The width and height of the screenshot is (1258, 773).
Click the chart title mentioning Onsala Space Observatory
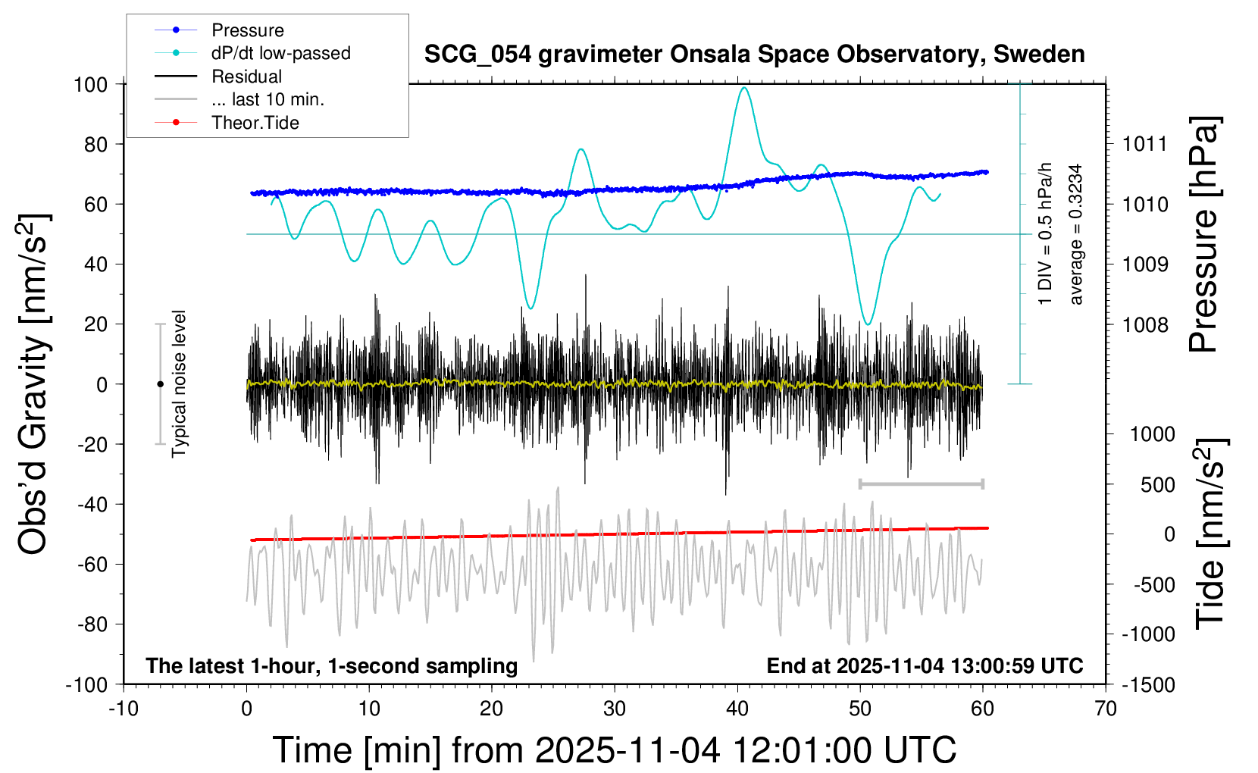click(754, 55)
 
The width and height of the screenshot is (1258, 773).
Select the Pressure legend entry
click(248, 30)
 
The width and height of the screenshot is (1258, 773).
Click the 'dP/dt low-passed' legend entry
click(280, 53)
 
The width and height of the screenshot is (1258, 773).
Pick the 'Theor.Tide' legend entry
click(255, 123)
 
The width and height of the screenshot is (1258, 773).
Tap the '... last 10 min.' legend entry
click(268, 99)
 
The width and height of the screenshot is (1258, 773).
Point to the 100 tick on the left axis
click(90, 84)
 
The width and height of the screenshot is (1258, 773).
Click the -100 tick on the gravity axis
click(86, 684)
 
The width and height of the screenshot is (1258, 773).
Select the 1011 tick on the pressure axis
click(1145, 144)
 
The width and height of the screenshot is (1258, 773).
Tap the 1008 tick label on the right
click(1145, 325)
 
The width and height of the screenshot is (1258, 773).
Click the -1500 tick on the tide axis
click(1149, 684)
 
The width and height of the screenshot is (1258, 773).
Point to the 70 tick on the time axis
click(1106, 709)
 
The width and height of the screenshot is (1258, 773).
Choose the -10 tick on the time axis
click(124, 709)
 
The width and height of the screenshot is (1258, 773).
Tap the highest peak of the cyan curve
click(744, 88)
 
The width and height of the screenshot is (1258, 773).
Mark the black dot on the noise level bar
click(160, 384)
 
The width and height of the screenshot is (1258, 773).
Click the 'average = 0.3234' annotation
click(1076, 235)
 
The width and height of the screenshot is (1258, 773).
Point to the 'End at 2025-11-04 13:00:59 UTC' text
click(925, 665)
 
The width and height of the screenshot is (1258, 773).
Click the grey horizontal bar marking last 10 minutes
click(921, 484)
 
